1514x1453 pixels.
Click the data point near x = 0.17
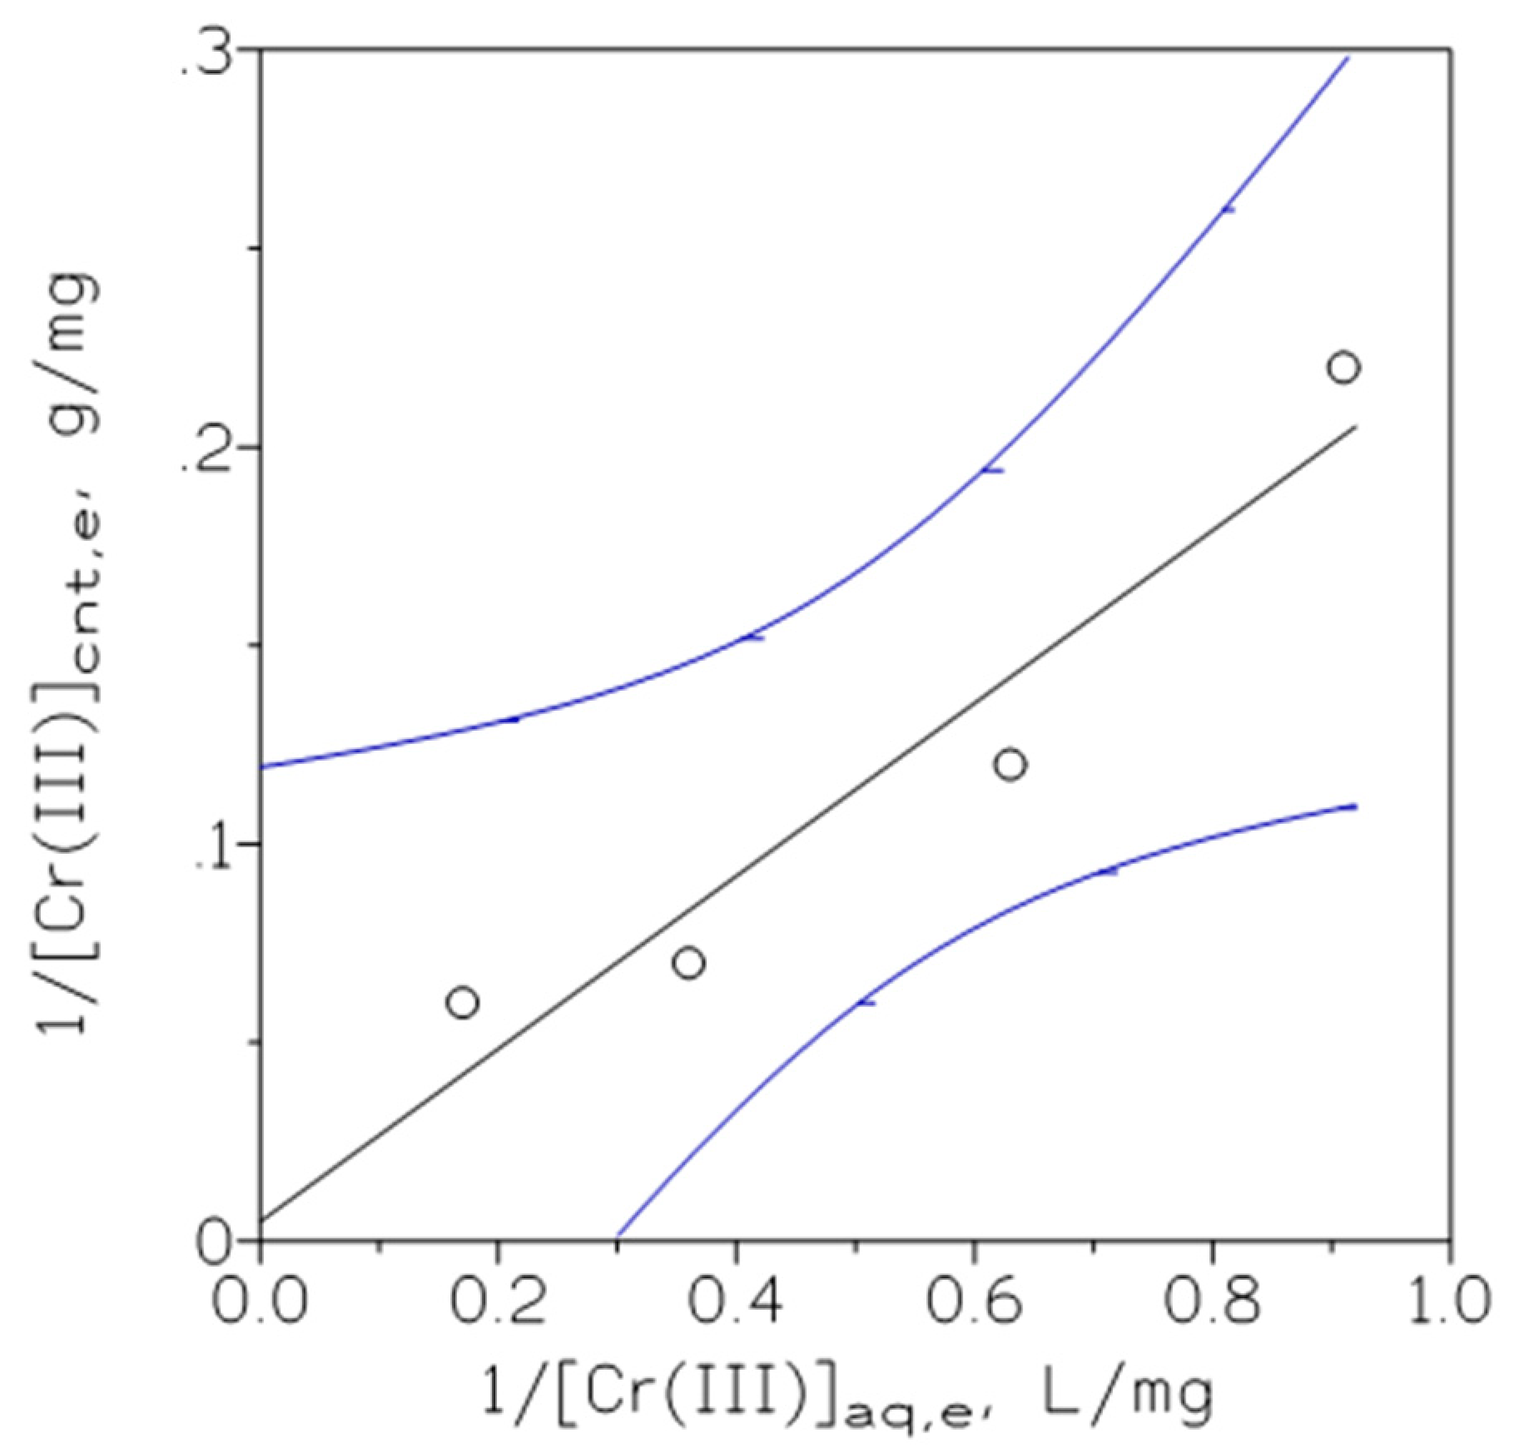click(463, 1002)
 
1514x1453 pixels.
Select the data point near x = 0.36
click(689, 963)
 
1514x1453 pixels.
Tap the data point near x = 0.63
click(1010, 763)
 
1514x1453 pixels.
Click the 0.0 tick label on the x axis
click(260, 1301)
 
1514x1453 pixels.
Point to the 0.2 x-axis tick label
click(498, 1301)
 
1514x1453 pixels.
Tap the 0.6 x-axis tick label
click(973, 1301)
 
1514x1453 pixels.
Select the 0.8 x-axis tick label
click(1211, 1301)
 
